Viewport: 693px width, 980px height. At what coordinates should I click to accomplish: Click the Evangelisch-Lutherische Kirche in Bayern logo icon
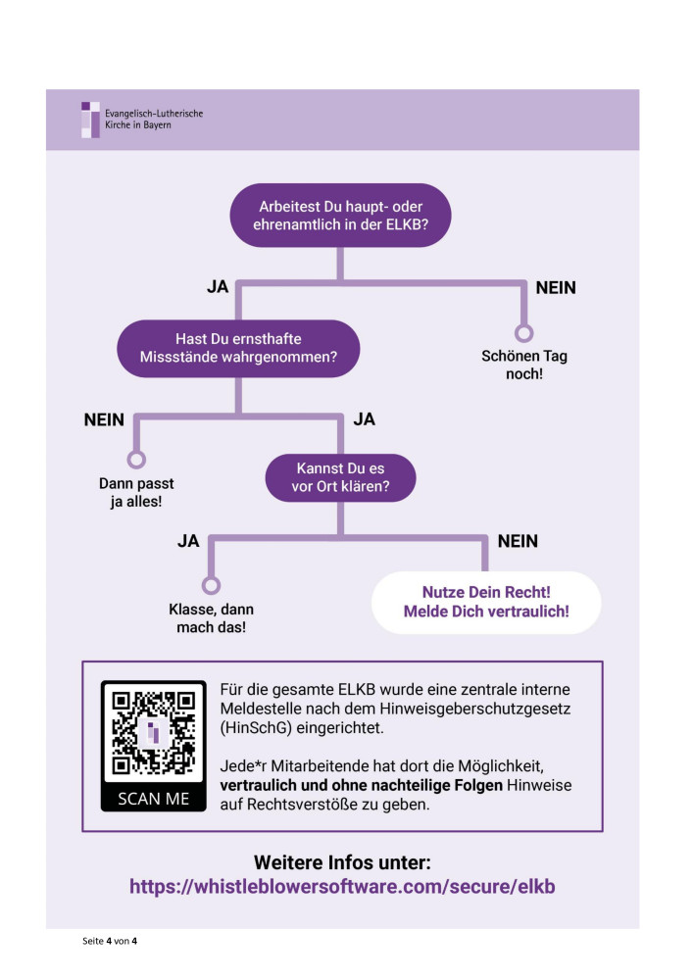pos(90,120)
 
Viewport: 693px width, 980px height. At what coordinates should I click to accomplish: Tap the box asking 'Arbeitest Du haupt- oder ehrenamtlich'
pos(340,216)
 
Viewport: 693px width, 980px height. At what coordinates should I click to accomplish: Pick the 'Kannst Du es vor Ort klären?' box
pos(340,476)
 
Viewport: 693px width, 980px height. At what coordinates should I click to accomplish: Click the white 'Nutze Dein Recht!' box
pos(486,603)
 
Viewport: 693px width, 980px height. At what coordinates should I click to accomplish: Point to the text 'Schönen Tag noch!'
pos(524,365)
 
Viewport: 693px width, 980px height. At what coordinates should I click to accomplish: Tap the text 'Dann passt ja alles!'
pos(136,493)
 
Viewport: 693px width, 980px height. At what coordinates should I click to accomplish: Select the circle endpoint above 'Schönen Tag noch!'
pos(524,332)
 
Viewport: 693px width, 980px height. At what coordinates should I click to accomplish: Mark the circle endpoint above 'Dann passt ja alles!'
pos(136,459)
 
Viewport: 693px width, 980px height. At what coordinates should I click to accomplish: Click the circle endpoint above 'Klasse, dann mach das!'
pos(210,585)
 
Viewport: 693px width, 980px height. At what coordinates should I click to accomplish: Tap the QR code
pos(154,736)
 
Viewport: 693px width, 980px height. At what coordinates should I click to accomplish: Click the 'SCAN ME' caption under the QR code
pos(154,798)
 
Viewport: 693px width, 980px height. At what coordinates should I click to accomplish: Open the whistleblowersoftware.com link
pos(342,886)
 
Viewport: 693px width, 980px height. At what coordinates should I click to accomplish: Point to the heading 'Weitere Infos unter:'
pos(342,862)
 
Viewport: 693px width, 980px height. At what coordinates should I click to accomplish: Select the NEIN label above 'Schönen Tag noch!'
pos(555,288)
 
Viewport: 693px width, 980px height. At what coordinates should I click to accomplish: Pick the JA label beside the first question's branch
pos(218,288)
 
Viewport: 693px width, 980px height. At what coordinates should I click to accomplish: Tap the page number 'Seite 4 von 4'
pos(111,942)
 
